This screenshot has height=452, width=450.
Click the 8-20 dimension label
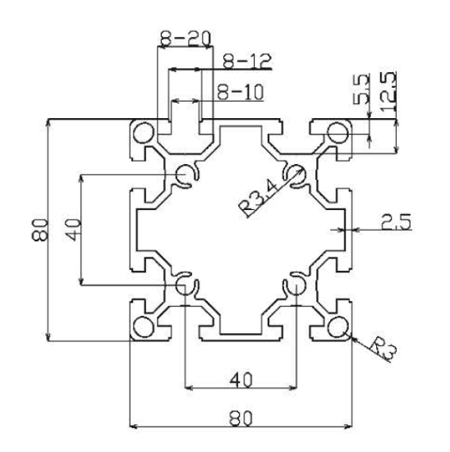click(x=186, y=39)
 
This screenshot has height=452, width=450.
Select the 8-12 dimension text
click(x=247, y=61)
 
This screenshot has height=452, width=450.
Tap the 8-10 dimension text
click(x=240, y=92)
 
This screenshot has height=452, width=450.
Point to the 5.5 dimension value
click(x=361, y=89)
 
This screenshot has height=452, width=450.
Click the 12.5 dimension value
click(x=388, y=92)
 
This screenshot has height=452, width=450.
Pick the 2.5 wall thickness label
click(x=396, y=221)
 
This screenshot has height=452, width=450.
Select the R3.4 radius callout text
click(x=258, y=197)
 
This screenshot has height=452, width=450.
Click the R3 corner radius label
click(x=383, y=349)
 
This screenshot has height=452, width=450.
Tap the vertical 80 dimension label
click(x=39, y=230)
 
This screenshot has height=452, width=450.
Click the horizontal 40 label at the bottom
click(x=241, y=380)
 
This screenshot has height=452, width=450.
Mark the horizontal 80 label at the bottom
click(x=241, y=418)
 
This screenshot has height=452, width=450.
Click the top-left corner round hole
click(x=144, y=133)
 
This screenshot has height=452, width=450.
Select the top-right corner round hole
click(x=337, y=133)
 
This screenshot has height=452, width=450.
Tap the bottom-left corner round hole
click(x=144, y=326)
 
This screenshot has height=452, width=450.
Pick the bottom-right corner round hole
click(x=337, y=326)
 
